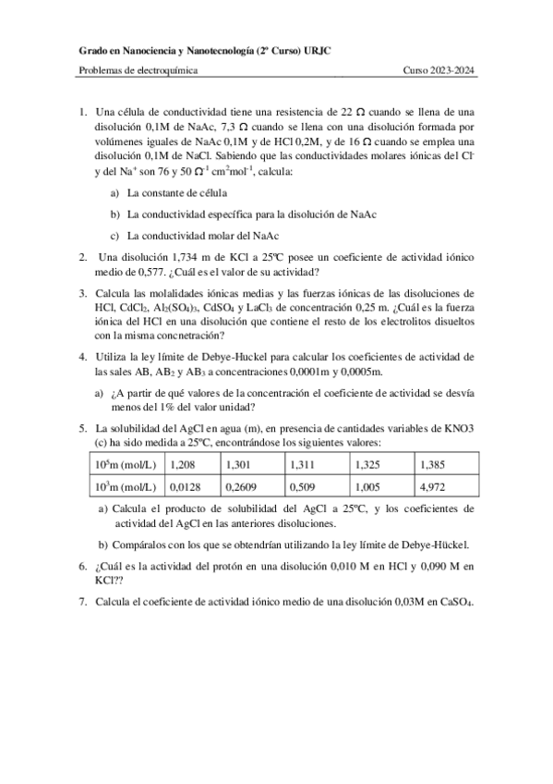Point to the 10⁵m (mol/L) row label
point(125,463)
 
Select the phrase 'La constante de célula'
point(176,193)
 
